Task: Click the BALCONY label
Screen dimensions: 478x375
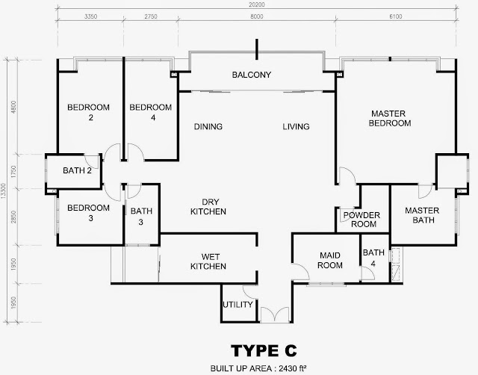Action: (x=252, y=75)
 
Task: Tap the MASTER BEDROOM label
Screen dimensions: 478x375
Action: (x=389, y=118)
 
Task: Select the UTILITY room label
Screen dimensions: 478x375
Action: (x=238, y=304)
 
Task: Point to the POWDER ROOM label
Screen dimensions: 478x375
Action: (x=361, y=220)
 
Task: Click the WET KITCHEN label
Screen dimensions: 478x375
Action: (x=208, y=261)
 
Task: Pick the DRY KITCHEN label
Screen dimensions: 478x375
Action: (x=208, y=207)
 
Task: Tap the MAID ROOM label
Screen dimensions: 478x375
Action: (x=330, y=260)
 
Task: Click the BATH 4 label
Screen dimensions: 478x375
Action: (x=373, y=258)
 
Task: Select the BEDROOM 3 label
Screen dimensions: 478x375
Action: (x=89, y=213)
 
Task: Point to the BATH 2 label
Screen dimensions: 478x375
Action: (x=77, y=170)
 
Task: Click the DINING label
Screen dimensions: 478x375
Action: (x=208, y=126)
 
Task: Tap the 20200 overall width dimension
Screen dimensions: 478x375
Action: (x=257, y=4)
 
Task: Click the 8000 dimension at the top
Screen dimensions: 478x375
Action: (x=257, y=16)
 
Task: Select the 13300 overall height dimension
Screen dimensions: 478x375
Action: (x=3, y=191)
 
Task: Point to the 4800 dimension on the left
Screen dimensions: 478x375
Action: (x=13, y=108)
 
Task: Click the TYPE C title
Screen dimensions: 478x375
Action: (x=264, y=350)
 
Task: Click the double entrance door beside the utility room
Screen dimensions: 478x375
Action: (x=275, y=314)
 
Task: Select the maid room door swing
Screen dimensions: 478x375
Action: (x=301, y=272)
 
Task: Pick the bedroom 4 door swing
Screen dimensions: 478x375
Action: (x=135, y=152)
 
